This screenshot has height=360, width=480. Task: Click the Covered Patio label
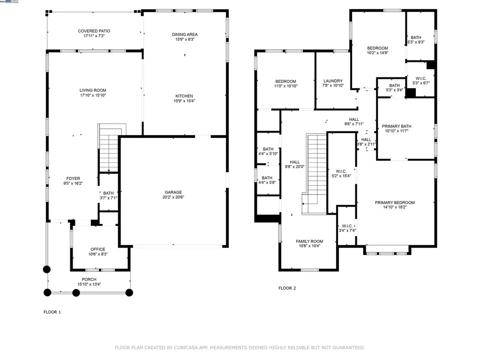tap(94, 31)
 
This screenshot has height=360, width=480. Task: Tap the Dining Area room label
tap(185, 34)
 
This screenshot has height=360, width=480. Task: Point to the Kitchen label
tap(185, 96)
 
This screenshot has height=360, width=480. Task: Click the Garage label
tap(173, 192)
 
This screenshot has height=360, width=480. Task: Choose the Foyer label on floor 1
tap(73, 178)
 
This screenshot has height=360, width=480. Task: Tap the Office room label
tap(98, 249)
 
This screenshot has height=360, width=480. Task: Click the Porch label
tap(89, 279)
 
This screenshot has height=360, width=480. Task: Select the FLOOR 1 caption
tap(52, 312)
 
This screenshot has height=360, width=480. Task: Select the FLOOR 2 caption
tap(287, 288)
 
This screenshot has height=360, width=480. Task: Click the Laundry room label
tap(333, 81)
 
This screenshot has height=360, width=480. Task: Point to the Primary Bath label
tap(397, 126)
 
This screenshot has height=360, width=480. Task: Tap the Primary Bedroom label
tap(395, 202)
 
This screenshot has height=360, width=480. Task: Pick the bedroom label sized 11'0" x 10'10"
tap(285, 81)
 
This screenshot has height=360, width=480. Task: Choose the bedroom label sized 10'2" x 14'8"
tap(377, 48)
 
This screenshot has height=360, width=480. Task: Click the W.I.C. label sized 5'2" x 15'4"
tap(341, 171)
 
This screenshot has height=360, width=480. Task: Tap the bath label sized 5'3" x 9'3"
tap(416, 37)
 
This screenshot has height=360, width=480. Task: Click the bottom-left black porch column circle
tap(47, 292)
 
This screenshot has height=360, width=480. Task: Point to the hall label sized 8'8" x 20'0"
tap(294, 162)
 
